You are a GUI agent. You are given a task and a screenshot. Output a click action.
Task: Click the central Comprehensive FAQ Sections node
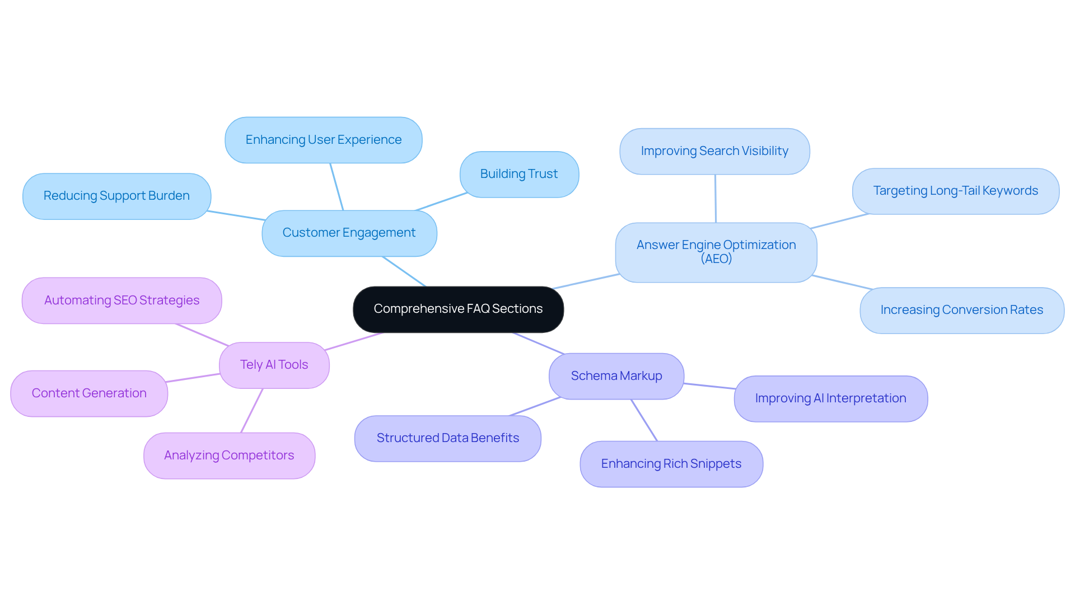coord(458,309)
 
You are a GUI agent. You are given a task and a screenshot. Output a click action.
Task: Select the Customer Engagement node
coord(349,233)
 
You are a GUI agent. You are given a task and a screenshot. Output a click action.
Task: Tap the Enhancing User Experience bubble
coord(323,140)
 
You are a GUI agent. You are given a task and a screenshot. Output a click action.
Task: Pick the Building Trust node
coord(518,174)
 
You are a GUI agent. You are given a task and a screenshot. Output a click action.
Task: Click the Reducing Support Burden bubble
coord(116,196)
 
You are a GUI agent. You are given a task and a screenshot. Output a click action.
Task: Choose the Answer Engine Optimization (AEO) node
coord(716,246)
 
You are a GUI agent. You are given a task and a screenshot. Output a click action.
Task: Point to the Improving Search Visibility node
coord(714,151)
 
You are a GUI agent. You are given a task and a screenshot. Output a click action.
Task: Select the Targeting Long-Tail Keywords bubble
coord(955,191)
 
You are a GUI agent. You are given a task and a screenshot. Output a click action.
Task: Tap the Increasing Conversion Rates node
coord(961,310)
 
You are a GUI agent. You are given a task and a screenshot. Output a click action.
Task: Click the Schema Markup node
coord(616,376)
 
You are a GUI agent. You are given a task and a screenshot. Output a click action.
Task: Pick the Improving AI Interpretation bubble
coord(830,398)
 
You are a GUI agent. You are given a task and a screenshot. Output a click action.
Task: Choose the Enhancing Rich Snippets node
coord(671,464)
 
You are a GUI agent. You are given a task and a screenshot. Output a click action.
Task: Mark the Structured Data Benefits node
coord(447,438)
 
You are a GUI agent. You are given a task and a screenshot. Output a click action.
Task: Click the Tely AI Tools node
coord(274,365)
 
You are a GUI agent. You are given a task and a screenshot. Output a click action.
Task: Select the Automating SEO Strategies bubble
coord(121,300)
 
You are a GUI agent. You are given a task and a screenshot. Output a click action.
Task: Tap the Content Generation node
coord(89,393)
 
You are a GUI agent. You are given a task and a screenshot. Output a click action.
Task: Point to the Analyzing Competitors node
coord(228,455)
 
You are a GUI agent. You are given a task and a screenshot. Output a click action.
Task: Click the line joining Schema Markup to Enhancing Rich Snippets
coord(644,420)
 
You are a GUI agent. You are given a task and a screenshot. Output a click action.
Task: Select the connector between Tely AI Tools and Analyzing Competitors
coord(252,411)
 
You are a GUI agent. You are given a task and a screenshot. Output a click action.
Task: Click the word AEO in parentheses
coord(716,259)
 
